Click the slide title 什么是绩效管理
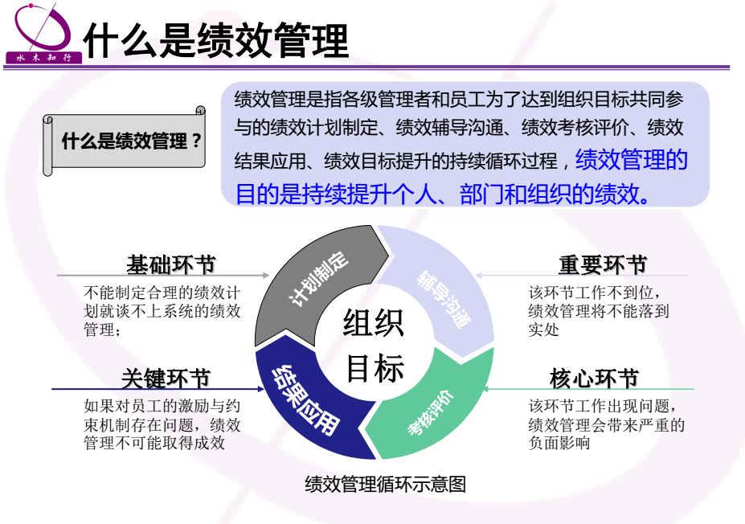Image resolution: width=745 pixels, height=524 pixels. (216, 40)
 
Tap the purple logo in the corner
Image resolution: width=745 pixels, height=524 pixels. (43, 33)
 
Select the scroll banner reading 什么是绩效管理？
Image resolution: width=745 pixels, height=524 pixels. (125, 141)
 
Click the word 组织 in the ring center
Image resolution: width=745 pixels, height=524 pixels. (374, 322)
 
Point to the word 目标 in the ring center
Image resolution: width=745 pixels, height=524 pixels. (375, 368)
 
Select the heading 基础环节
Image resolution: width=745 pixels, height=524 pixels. (171, 264)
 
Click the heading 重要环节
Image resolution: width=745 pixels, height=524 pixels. (602, 264)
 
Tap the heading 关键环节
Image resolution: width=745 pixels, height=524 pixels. (166, 379)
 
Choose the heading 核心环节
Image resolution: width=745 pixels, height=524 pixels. (594, 379)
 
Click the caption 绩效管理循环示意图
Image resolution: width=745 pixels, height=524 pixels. (385, 484)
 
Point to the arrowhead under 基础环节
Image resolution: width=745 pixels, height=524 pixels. (266, 275)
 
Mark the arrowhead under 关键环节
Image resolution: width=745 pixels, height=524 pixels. (261, 389)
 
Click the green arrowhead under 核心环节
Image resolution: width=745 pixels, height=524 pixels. (485, 389)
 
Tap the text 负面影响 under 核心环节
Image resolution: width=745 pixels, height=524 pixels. (559, 443)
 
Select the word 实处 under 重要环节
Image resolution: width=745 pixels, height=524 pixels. (543, 330)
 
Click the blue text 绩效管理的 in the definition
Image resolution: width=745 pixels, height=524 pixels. (632, 160)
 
